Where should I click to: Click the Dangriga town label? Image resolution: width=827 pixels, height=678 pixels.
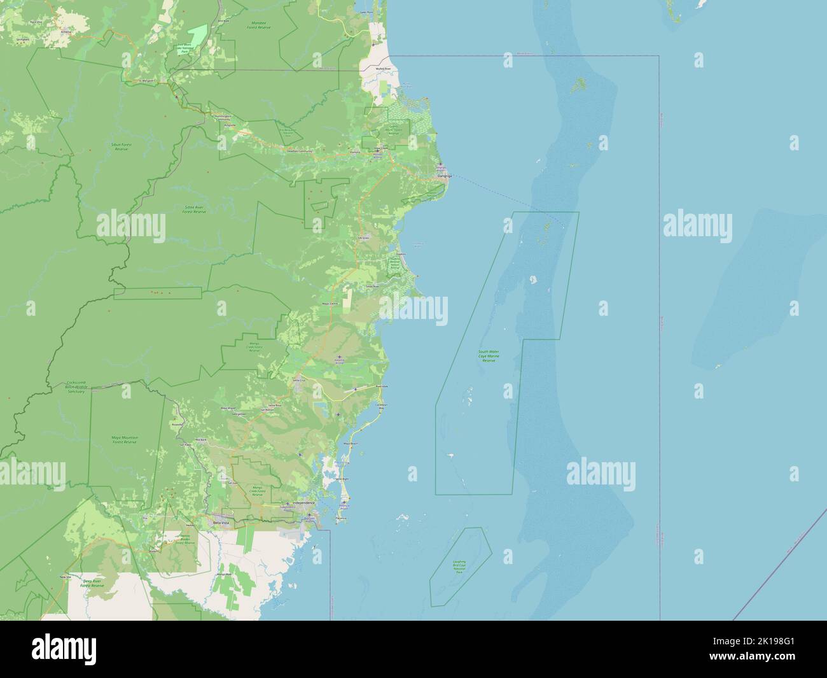(x=444, y=176)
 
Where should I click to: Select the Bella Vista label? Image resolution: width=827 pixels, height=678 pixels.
(x=221, y=523)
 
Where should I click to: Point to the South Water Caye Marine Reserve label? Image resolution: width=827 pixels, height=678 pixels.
(x=489, y=356)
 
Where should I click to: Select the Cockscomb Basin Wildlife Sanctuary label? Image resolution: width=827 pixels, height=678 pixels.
(x=76, y=387)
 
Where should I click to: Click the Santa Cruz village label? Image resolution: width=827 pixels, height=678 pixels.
(x=299, y=380)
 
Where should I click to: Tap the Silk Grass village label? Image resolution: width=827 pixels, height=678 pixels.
(x=364, y=237)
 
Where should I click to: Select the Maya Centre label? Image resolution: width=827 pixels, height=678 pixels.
(x=330, y=304)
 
